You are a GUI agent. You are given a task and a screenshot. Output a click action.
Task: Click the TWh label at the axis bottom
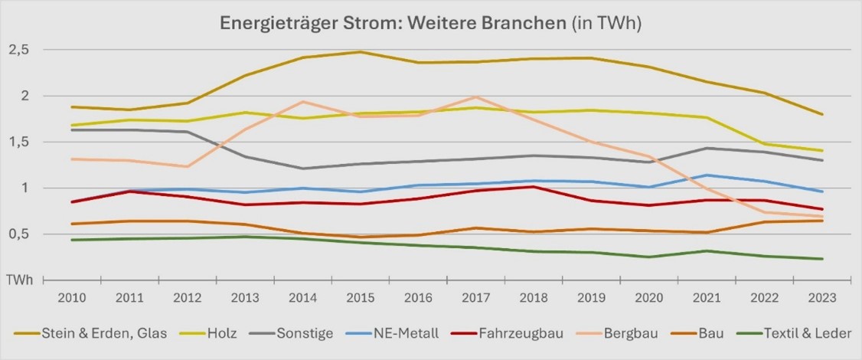(x=20, y=280)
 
